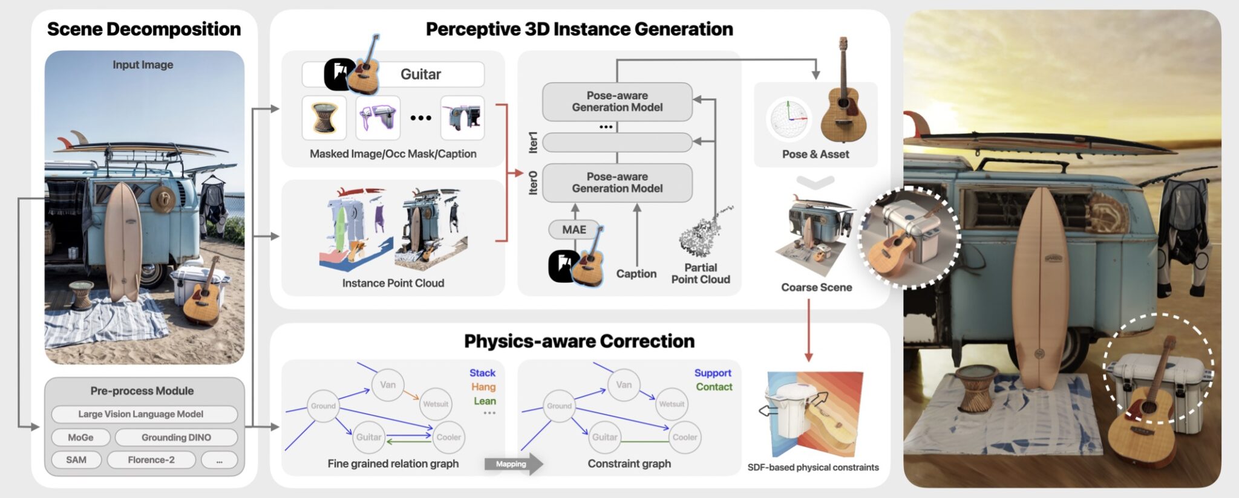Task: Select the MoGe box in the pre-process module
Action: [80, 437]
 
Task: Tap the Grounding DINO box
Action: [176, 437]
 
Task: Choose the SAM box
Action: [76, 460]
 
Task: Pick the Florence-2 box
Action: [151, 460]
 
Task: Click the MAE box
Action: [574, 230]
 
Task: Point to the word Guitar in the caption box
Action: [420, 74]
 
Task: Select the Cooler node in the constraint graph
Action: [684, 437]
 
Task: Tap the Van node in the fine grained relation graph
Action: [388, 384]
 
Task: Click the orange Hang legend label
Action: [483, 387]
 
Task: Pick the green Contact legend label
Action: [714, 387]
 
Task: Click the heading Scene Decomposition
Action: [144, 29]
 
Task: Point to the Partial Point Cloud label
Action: [701, 273]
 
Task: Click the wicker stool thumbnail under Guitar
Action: [324, 117]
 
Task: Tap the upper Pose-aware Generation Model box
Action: [617, 102]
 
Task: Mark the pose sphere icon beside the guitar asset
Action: [788, 118]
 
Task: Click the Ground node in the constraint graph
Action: [559, 406]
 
